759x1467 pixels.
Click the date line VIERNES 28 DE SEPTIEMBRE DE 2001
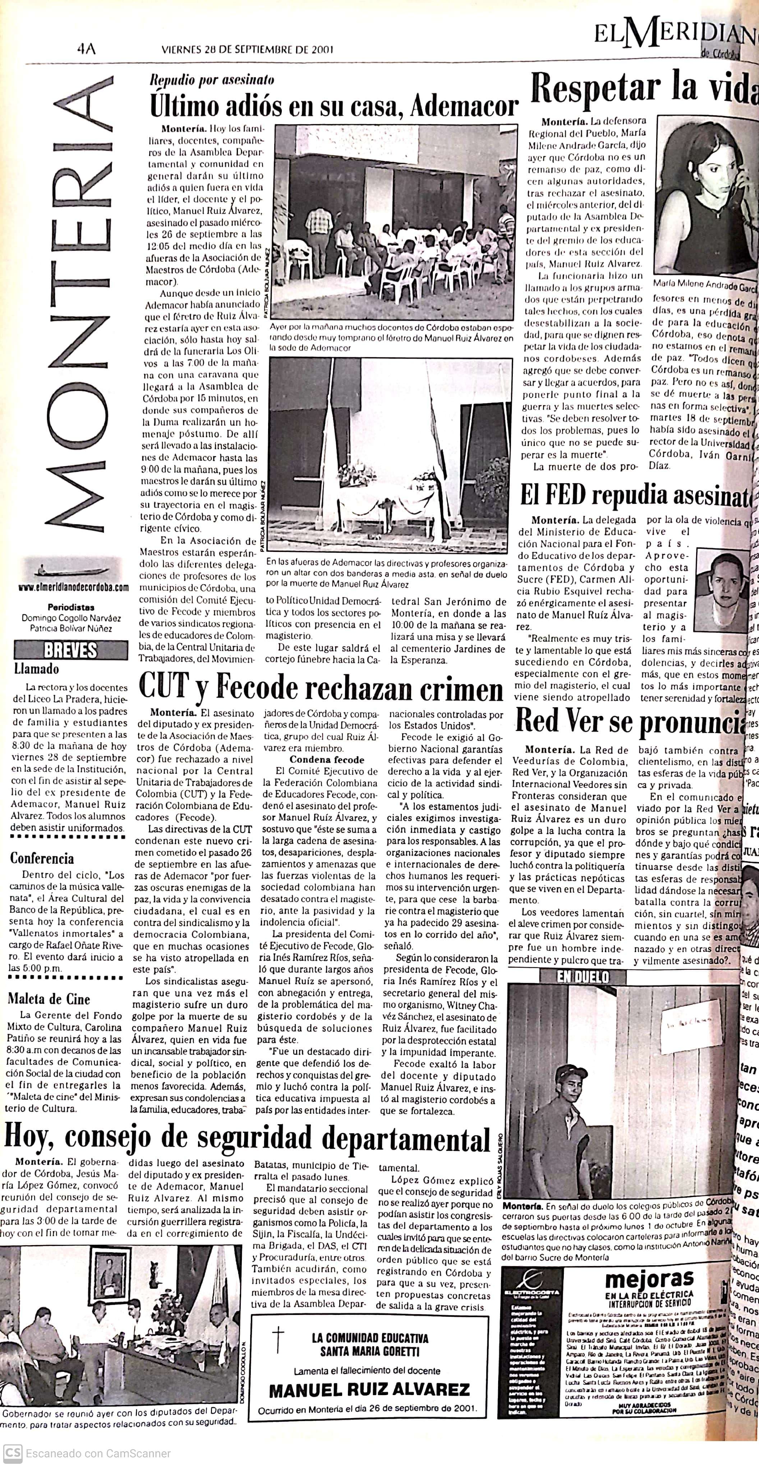coord(247,50)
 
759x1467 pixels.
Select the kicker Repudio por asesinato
coord(212,80)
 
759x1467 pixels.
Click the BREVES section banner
coord(70,649)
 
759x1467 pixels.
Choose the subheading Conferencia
coord(42,858)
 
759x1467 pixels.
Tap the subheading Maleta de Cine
coord(49,999)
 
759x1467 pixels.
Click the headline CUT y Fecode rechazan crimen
coord(321,689)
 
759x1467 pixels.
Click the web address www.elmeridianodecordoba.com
coord(73,587)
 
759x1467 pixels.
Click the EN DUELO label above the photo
coord(583,977)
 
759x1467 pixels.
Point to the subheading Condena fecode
coord(327,760)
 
